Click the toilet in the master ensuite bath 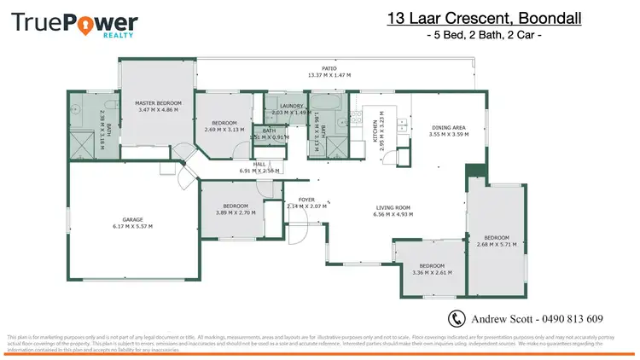click(x=79, y=108)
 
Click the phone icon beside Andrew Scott click(x=457, y=318)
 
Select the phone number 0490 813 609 click(x=571, y=319)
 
